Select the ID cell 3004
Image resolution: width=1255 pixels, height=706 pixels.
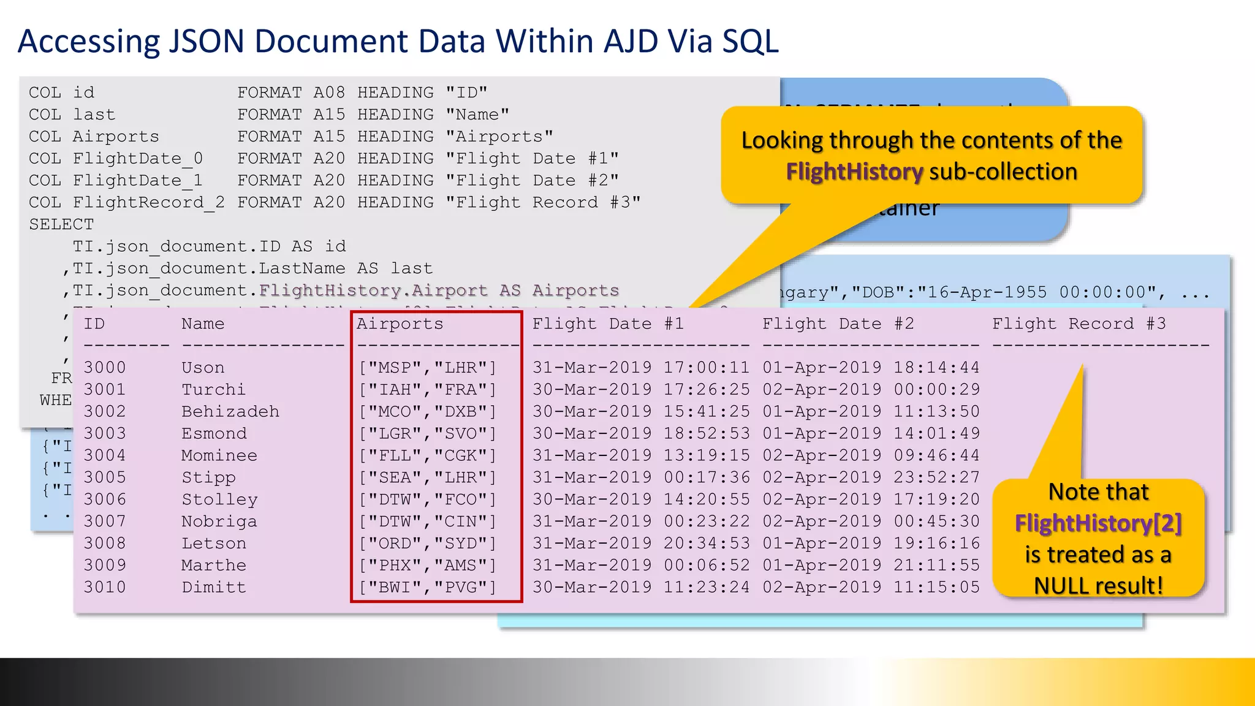105,455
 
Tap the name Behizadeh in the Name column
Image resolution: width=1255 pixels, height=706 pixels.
230,411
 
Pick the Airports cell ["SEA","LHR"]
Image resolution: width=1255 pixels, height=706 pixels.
428,477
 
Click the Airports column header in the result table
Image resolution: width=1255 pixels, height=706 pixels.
400,324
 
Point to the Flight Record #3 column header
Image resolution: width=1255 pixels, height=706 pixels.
1079,324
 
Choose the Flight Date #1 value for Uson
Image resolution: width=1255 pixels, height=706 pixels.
640,368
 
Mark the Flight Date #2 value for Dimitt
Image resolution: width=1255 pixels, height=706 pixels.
871,587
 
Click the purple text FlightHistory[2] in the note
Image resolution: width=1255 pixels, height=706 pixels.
1098,523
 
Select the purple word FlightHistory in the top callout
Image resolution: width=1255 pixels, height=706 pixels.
854,172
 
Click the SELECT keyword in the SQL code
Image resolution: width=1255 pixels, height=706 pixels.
61,224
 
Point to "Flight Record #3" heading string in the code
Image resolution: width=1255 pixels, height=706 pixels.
543,203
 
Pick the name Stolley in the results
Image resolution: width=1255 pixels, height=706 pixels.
219,499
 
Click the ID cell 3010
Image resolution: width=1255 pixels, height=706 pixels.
105,587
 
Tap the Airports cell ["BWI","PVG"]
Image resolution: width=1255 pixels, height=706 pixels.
428,587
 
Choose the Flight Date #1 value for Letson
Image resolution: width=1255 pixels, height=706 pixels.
640,543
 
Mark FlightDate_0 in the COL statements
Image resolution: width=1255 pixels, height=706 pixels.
138,159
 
